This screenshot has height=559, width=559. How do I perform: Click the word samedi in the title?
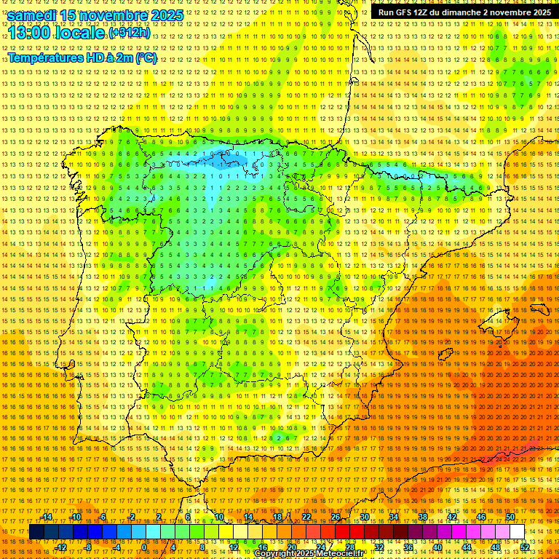tap(33, 15)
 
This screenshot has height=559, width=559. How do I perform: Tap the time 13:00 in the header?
tap(31, 32)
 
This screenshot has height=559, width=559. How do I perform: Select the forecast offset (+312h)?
tap(130, 33)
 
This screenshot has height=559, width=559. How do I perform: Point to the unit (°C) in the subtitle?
tap(146, 58)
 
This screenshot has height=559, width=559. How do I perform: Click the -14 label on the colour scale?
tap(47, 517)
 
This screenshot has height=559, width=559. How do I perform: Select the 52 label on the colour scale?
tap(525, 547)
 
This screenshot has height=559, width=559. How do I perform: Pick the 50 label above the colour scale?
tap(510, 517)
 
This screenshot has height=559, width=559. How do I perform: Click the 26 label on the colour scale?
tap(336, 517)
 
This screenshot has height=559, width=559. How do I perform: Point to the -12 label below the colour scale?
tap(60, 547)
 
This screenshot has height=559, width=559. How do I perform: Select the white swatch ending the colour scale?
tap(517, 532)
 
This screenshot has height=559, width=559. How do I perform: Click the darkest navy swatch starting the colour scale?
tap(36, 532)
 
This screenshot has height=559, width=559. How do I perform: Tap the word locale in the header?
tap(82, 32)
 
